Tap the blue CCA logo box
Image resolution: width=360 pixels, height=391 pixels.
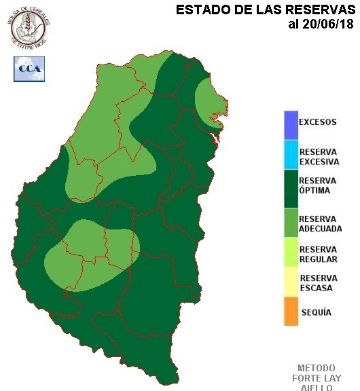29,69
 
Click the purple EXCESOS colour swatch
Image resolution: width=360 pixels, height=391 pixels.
291,124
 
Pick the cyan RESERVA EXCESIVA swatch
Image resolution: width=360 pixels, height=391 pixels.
291,155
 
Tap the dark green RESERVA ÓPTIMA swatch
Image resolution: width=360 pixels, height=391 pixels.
291,187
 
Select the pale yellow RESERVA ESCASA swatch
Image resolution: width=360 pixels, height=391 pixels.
291,282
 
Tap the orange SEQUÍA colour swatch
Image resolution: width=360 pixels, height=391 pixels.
291,312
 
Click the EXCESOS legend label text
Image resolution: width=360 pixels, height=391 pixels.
318,123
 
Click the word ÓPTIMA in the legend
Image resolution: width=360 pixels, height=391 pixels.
314,191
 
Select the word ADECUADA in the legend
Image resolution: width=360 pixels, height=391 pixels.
321,229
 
